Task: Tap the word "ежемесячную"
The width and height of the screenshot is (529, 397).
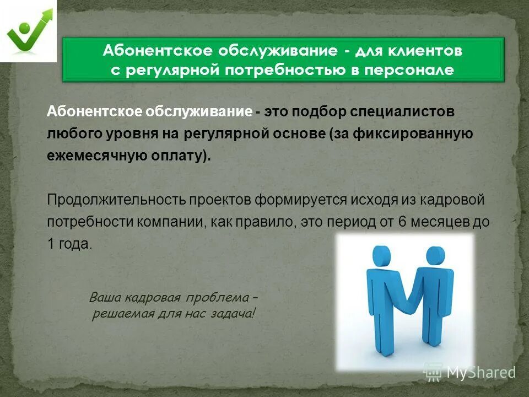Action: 95,156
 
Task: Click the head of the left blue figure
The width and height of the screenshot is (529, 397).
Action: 381,255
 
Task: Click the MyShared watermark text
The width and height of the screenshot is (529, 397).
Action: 480,372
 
